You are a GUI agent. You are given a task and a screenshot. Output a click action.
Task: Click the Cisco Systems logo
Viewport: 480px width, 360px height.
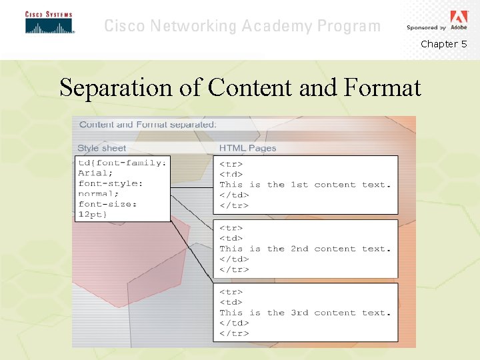tap(49, 23)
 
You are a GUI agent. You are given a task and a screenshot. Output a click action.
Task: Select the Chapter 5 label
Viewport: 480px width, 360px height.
tap(443, 44)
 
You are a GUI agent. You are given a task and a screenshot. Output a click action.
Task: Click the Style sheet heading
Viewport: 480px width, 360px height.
tap(101, 148)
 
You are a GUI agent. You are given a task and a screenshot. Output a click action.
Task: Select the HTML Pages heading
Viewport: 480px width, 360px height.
tap(247, 148)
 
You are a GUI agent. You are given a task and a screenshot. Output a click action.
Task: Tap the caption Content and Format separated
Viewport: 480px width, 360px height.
tap(147, 125)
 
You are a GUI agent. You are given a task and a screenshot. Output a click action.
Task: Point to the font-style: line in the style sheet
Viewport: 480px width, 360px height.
tap(111, 183)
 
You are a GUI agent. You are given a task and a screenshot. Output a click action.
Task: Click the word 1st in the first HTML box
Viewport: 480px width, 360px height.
tap(299, 185)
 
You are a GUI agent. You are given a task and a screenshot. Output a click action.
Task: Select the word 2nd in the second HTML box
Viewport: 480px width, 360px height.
tap(299, 249)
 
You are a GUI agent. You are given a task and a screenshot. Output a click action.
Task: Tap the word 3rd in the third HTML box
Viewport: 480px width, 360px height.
tap(299, 313)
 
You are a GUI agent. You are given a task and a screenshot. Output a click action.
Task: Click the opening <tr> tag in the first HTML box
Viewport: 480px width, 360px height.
tap(231, 164)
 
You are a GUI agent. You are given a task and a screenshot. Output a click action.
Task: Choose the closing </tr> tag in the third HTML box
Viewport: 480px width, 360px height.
tap(234, 333)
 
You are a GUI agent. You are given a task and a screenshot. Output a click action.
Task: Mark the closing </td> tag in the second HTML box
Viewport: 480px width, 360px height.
tap(234, 259)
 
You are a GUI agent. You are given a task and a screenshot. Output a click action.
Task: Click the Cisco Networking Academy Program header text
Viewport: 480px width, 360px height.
tap(242, 27)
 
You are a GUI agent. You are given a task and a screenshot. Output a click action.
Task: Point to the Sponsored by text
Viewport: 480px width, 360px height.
tap(426, 28)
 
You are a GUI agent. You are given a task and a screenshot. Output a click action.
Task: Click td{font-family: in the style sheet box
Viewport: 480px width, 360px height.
tap(123, 163)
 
